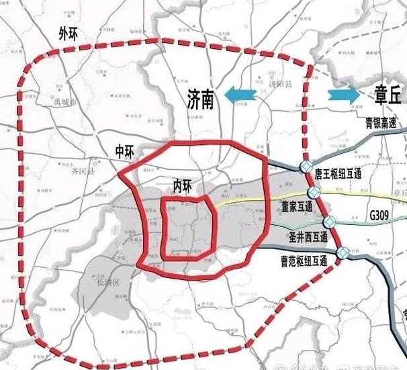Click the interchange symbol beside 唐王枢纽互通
[306, 166]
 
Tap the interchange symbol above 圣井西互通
[329, 222]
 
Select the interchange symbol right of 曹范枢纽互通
[343, 252]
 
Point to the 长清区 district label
[107, 282]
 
